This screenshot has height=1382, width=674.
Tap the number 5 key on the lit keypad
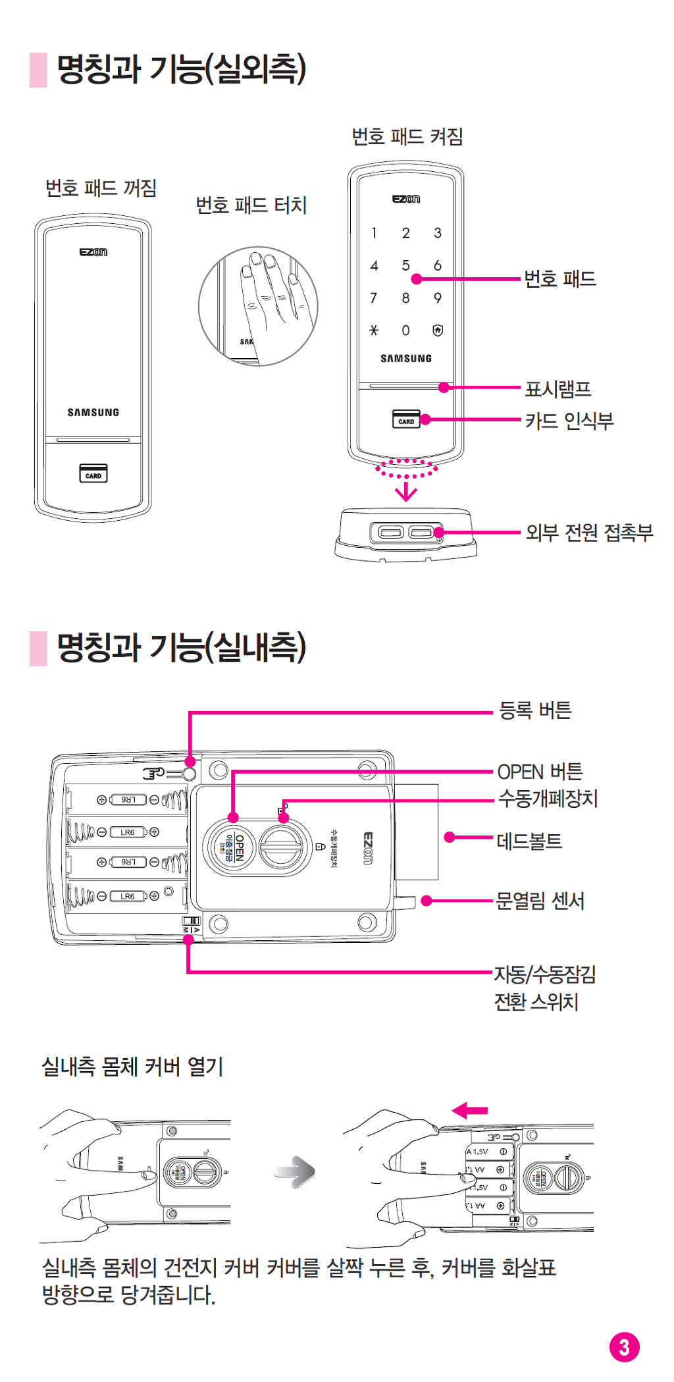[405, 265]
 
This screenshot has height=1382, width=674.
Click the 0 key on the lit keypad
[405, 331]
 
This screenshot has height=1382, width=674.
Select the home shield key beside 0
[438, 331]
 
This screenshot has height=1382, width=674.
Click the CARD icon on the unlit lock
[93, 474]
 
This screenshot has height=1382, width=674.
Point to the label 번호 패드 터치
[251, 205]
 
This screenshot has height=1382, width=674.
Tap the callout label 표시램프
[558, 389]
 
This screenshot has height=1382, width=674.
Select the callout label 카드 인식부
[569, 421]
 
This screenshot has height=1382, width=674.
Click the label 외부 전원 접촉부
[589, 533]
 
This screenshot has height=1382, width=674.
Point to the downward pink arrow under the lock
[406, 491]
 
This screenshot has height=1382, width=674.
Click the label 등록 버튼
[535, 710]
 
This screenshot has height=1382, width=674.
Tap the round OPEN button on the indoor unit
[228, 848]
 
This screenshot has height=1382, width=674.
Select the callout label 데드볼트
[529, 841]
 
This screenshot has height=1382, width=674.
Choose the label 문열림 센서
[540, 901]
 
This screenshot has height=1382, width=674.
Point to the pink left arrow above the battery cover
[470, 1111]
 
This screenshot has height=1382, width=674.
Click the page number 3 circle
[624, 1347]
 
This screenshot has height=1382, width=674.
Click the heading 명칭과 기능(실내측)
[182, 647]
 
